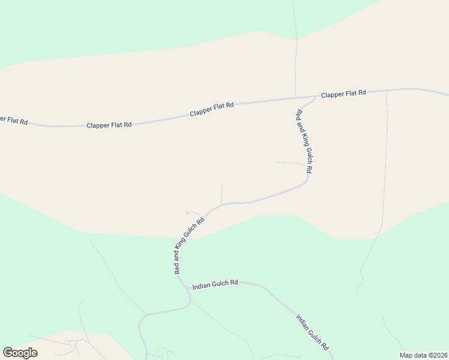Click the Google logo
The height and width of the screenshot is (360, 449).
pyautogui.click(x=20, y=352)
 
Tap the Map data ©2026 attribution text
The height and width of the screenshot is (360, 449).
pyautogui.click(x=423, y=355)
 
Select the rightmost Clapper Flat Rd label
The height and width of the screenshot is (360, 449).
pyautogui.click(x=343, y=94)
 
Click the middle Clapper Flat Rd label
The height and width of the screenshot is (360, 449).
pyautogui.click(x=211, y=109)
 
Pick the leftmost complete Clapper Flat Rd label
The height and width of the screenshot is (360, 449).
pyautogui.click(x=109, y=125)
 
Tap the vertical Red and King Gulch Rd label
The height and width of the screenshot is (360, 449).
pyautogui.click(x=305, y=142)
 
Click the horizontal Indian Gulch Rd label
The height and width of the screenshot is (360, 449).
pyautogui.click(x=215, y=284)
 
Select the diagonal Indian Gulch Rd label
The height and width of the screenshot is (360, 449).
pyautogui.click(x=313, y=331)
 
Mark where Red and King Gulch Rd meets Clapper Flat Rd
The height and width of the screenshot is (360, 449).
pyautogui.click(x=316, y=96)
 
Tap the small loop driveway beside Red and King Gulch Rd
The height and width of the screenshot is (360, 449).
pyautogui.click(x=191, y=212)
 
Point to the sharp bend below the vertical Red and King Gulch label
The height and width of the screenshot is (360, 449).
pyautogui.click(x=307, y=179)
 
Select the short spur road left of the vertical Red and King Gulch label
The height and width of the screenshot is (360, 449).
pyautogui.click(x=289, y=163)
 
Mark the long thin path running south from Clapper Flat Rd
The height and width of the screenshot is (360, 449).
pyautogui.click(x=385, y=180)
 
